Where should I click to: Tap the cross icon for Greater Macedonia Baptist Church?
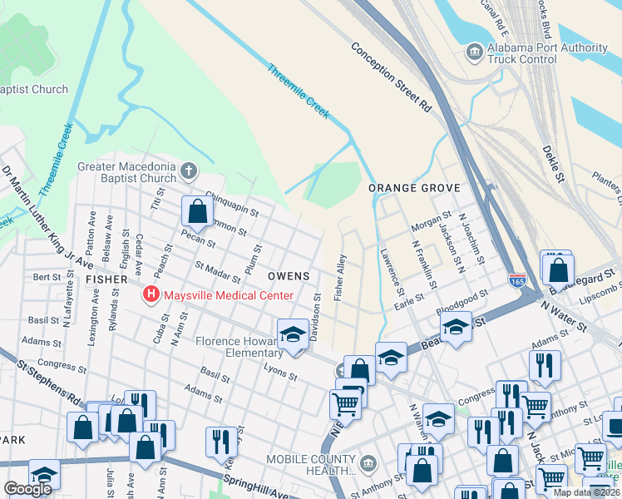point(189,172)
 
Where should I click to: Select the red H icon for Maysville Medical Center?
point(151,294)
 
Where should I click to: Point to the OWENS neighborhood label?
point(289,275)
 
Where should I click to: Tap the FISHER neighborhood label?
point(106,280)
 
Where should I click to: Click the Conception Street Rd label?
point(392,77)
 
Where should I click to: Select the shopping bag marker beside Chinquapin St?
point(197,212)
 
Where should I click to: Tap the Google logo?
point(27,489)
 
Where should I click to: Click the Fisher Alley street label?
point(339,278)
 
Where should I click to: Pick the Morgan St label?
point(429,225)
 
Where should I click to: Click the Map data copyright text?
point(587,492)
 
